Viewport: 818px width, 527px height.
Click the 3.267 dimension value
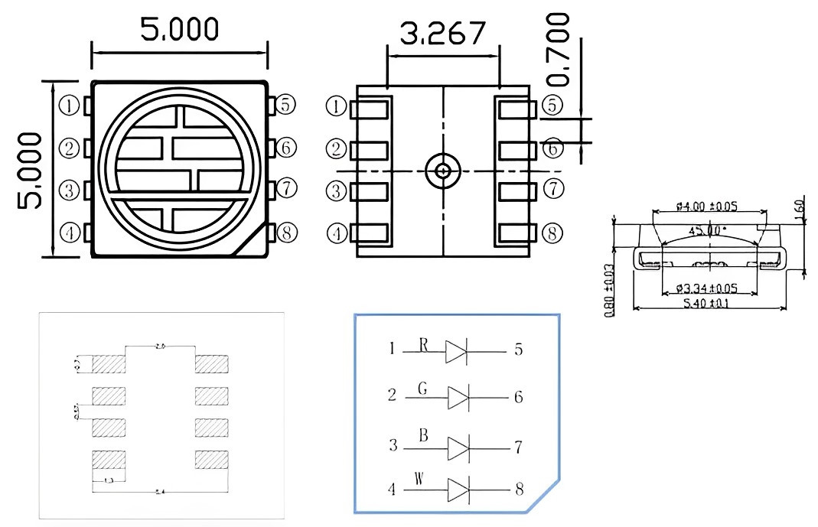click(443, 33)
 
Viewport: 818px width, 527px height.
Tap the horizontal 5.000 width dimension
click(179, 28)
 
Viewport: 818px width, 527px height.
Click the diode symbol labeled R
click(457, 351)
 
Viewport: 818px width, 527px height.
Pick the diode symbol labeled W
click(457, 489)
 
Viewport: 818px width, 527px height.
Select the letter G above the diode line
click(422, 389)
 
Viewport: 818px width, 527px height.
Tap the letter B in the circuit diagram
click(422, 436)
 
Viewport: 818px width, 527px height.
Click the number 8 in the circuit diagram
click(519, 489)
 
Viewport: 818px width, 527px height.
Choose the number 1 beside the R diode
click(393, 350)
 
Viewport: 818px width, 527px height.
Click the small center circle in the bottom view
click(442, 171)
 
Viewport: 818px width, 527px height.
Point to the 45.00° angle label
click(708, 229)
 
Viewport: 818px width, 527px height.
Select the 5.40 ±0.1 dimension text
click(709, 304)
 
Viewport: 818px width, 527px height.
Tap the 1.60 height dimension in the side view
click(800, 207)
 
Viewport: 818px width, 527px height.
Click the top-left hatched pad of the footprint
click(109, 364)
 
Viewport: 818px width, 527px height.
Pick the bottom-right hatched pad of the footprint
click(211, 460)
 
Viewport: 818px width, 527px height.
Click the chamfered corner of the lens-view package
click(253, 241)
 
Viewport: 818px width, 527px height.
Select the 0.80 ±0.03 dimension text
click(610, 291)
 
